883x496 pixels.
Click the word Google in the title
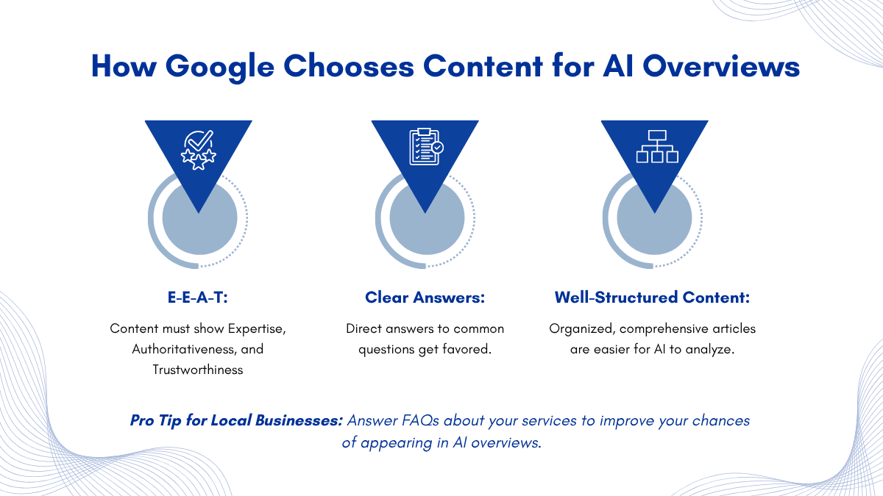point(219,67)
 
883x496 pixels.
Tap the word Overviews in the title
point(721,66)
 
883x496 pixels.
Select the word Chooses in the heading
point(349,65)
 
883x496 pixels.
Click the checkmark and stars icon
point(198,150)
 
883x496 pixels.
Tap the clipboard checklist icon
point(426,147)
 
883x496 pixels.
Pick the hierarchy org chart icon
point(657,146)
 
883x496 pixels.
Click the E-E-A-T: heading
point(198,297)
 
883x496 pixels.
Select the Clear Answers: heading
point(425,297)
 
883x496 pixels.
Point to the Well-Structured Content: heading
point(653,297)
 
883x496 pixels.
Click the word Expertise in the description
point(257,329)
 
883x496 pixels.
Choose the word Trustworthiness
point(198,370)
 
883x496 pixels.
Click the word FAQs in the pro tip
point(420,421)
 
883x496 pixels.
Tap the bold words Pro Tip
point(156,421)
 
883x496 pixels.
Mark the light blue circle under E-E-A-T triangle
point(200,218)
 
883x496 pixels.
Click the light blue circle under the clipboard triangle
point(427,218)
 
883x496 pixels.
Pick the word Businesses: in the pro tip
point(299,421)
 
